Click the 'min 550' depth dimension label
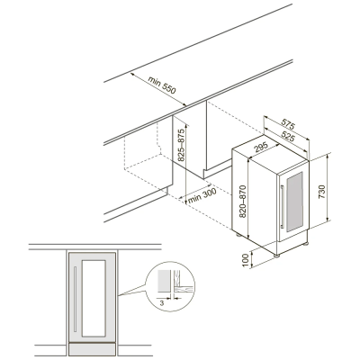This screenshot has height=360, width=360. pos(162,85)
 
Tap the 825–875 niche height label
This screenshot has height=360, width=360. pos(181,145)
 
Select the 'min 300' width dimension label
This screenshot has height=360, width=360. pos(202,196)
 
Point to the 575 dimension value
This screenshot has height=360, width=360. pos(288,125)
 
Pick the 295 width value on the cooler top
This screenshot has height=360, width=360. pos(260,148)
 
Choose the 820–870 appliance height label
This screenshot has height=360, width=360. pos(242,202)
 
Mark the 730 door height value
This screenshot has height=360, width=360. pos(321,192)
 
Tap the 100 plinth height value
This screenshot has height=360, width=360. pos(246,260)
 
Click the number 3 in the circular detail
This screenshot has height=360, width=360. pos(162,303)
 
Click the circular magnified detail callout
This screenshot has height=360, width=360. pos(170,286)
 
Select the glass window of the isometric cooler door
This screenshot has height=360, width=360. pos(294,202)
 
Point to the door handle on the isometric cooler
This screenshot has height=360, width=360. pos(282,207)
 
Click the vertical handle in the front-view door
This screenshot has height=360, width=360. pos(75,300)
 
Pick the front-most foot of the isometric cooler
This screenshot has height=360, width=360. pos(276,256)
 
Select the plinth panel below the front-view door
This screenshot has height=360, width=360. pos(92,349)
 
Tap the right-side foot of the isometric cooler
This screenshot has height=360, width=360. pos(305,244)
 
